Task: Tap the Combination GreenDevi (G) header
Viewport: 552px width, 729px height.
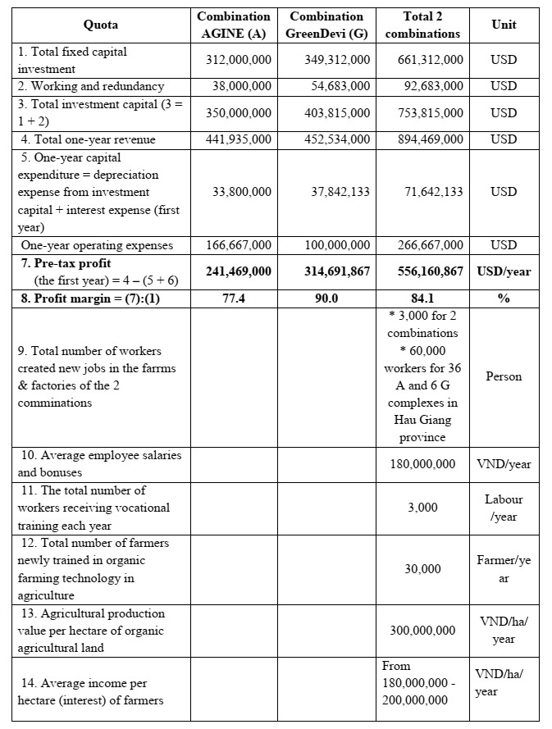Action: pyautogui.click(x=326, y=25)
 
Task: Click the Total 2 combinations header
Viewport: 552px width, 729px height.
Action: pyautogui.click(x=422, y=25)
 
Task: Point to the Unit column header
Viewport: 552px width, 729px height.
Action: pyautogui.click(x=504, y=25)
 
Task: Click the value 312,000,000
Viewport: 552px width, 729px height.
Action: pyautogui.click(x=238, y=60)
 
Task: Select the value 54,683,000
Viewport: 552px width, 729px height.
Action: pyautogui.click(x=337, y=86)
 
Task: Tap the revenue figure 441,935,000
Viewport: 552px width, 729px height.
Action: pyautogui.click(x=238, y=139)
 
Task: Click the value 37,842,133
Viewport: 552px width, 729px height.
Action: pyautogui.click(x=337, y=192)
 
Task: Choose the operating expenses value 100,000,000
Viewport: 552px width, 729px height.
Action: pyautogui.click(x=337, y=244)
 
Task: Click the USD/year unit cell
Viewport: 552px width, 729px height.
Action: pyautogui.click(x=504, y=271)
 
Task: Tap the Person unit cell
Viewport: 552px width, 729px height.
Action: pyautogui.click(x=504, y=376)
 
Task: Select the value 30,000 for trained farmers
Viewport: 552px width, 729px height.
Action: pyautogui.click(x=422, y=569)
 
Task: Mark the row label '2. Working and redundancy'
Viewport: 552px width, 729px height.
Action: pyautogui.click(x=91, y=86)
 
